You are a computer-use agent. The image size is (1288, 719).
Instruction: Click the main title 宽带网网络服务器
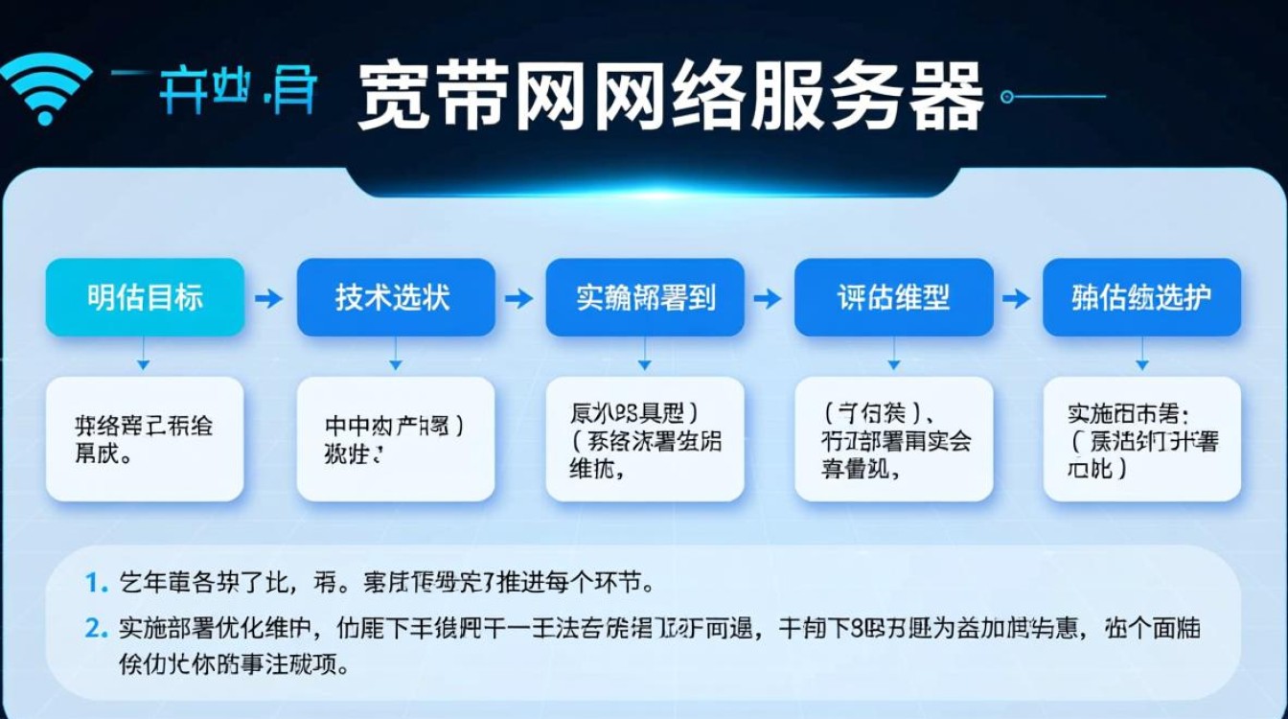[670, 97]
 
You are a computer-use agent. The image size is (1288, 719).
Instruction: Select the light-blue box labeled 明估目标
[145, 297]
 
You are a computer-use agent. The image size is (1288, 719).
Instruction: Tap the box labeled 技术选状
[395, 297]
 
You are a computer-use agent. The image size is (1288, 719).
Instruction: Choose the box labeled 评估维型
[893, 297]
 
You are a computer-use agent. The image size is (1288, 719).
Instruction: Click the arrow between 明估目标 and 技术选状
[269, 298]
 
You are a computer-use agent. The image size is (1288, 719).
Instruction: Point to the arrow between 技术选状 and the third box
[518, 298]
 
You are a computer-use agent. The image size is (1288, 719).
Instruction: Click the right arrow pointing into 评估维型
[768, 298]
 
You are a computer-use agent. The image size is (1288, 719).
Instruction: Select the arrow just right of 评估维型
[1017, 298]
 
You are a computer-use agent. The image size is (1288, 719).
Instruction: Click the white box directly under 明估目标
[145, 438]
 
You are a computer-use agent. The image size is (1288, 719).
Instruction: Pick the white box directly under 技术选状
[395, 438]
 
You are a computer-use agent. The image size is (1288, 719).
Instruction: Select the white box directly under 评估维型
[893, 438]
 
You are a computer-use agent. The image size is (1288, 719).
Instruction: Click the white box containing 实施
[1141, 438]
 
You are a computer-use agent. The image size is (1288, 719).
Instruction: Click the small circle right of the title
[1006, 96]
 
